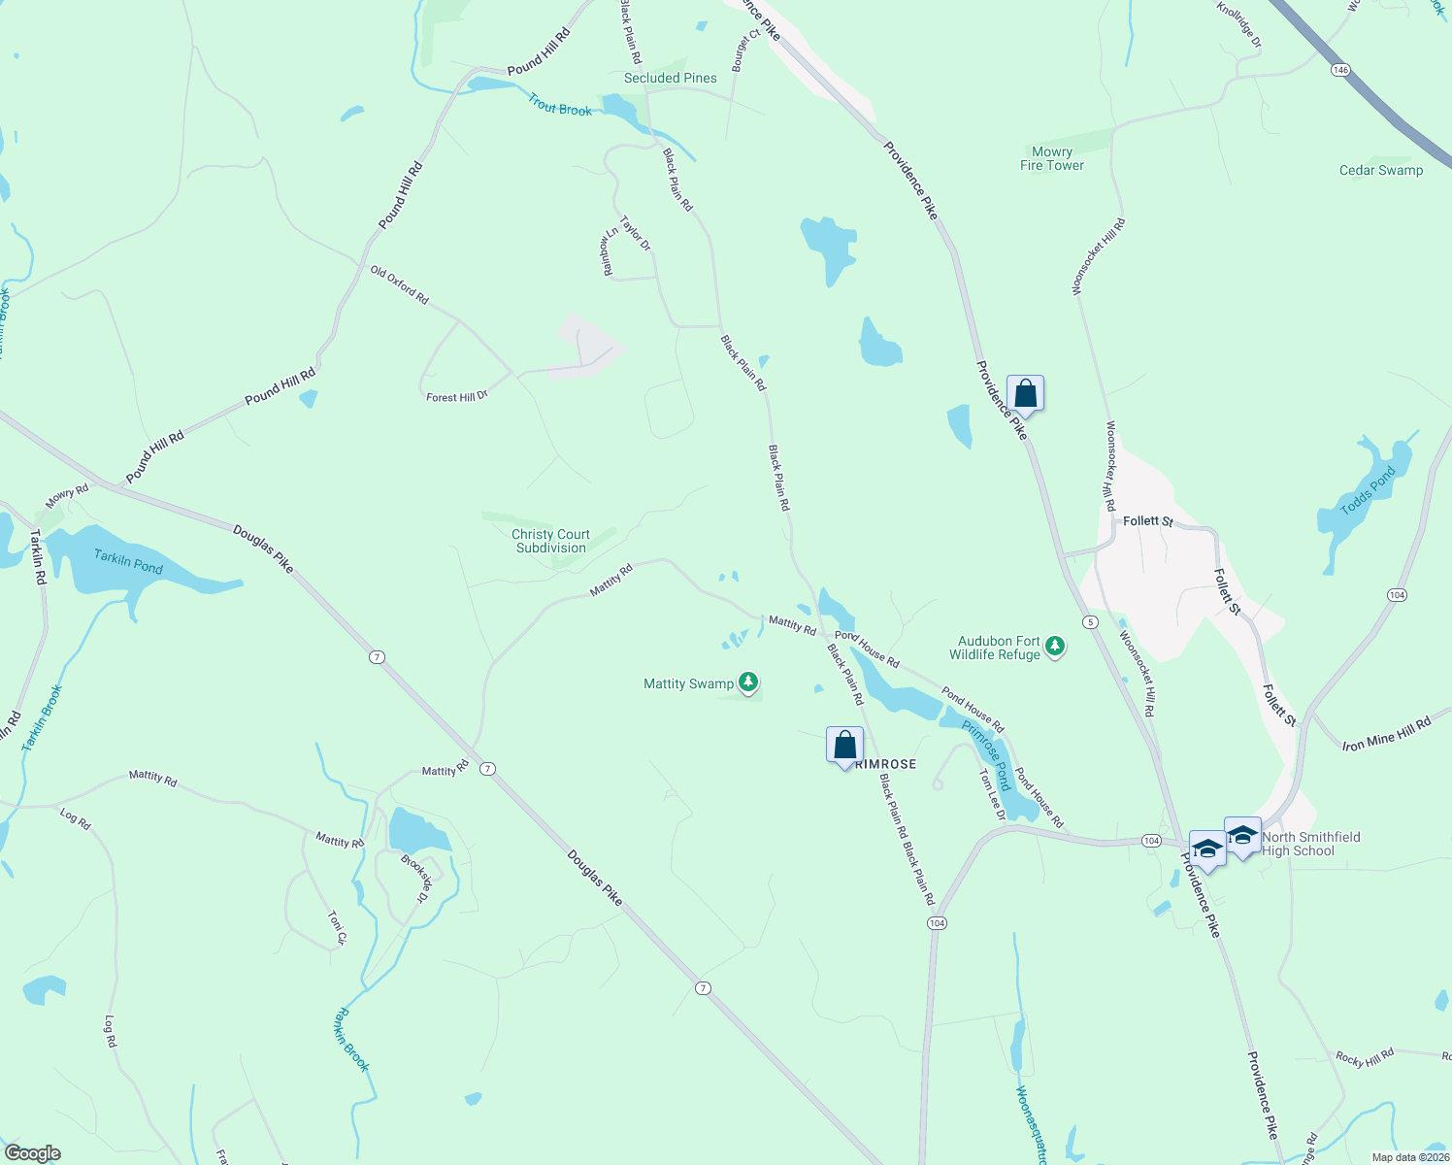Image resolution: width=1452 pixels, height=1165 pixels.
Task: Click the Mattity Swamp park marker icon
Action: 747,682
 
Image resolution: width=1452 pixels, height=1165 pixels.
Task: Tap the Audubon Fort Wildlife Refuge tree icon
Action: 1055,646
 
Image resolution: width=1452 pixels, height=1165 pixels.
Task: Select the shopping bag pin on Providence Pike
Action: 1025,394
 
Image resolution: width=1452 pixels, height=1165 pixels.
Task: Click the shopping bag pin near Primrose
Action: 844,746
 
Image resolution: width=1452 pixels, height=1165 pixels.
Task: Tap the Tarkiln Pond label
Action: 128,561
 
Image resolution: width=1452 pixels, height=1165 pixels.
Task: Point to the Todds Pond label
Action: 1368,491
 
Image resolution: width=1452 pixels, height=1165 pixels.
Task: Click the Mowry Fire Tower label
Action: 1052,158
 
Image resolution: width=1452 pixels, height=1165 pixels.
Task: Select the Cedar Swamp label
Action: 1380,170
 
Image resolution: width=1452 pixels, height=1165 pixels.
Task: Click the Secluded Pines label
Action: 670,78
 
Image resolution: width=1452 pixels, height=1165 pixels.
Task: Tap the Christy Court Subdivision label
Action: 550,541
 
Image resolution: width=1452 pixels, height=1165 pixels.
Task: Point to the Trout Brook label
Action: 560,105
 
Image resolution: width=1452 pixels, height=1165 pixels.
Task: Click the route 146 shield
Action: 1340,70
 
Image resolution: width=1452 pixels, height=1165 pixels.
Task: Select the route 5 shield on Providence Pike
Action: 1091,621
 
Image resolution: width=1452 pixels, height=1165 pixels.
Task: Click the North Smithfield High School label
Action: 1310,844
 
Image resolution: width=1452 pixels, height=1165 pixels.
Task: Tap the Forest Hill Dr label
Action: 456,397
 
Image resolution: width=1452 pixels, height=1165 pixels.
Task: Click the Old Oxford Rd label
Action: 399,285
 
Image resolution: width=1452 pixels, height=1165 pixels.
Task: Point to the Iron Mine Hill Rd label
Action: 1386,734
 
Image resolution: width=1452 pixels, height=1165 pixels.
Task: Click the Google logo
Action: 32,1153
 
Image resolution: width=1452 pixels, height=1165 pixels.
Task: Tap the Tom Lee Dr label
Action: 991,795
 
